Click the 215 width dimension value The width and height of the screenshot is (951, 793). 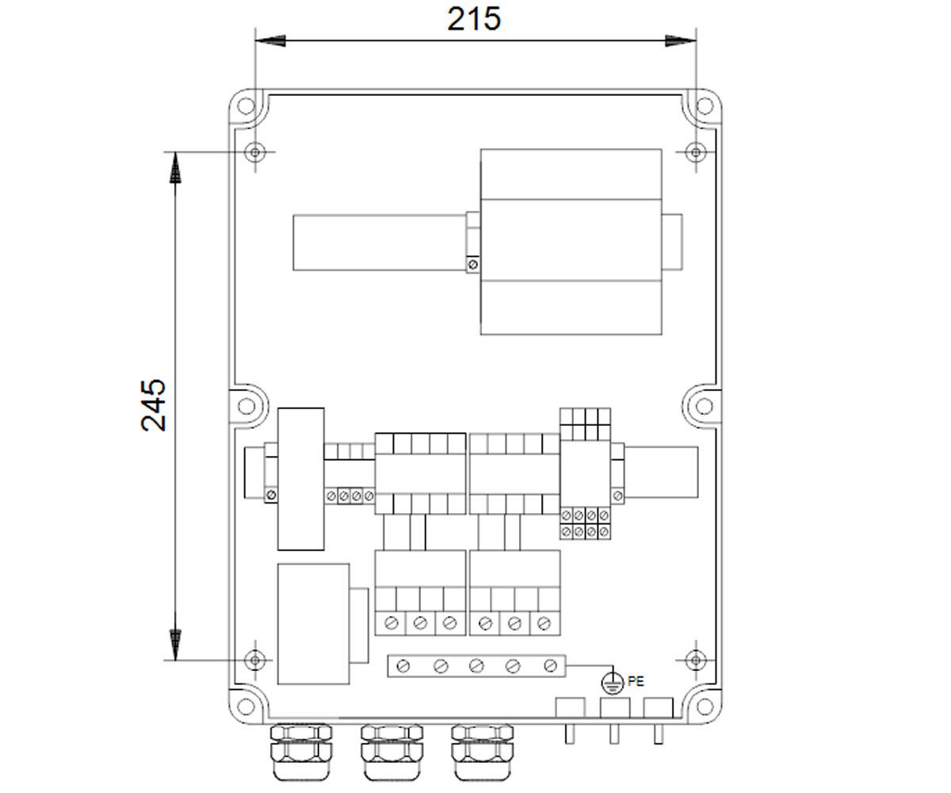point(474,19)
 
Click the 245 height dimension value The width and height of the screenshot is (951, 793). point(154,404)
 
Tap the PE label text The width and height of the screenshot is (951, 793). point(636,681)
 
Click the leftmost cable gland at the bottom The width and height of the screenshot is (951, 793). point(301,752)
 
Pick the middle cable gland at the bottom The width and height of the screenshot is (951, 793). point(391,752)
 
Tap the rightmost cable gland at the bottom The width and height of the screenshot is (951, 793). point(483,752)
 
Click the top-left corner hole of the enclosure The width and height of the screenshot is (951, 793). point(246,106)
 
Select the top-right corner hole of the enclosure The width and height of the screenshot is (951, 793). point(705,106)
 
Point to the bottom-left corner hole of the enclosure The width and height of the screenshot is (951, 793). point(246,707)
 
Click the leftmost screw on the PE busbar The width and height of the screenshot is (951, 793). point(403,666)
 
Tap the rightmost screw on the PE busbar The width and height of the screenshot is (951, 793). point(550,666)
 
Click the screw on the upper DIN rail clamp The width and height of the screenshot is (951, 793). point(473,264)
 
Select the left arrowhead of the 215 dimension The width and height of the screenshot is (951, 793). point(270,41)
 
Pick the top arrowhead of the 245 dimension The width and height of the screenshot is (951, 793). point(175,167)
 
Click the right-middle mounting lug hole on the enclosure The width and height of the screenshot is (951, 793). point(705,405)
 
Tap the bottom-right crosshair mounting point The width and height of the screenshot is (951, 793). point(696,660)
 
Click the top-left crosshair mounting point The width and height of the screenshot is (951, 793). point(255,151)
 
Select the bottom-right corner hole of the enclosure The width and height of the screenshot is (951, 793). point(705,707)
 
